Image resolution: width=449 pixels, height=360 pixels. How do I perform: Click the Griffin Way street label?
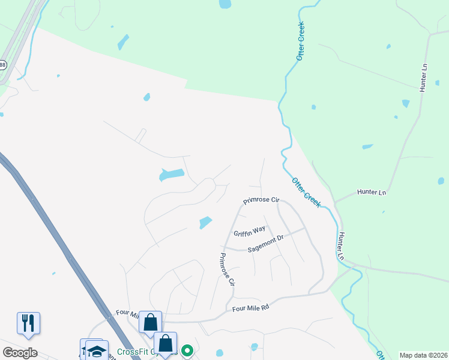point(250,230)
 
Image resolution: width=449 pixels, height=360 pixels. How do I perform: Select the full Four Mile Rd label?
point(250,308)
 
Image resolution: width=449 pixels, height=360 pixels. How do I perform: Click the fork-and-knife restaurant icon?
point(28,323)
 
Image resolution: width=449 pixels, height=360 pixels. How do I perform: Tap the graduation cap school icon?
point(96,350)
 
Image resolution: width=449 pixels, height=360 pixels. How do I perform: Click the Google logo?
point(20,353)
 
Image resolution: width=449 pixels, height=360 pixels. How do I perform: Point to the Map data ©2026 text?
point(423,355)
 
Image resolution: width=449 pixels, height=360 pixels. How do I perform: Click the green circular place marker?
point(187,350)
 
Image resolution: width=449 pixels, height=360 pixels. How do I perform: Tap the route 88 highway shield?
point(2,64)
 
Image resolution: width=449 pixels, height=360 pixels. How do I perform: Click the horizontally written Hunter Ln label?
point(371,192)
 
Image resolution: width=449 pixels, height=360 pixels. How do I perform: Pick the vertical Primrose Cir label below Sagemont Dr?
point(226,270)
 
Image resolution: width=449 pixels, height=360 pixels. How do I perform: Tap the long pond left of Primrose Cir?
point(172,175)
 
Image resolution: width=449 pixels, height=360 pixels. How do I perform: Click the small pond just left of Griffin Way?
point(205,223)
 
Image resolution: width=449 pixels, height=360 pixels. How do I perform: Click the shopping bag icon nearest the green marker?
point(165,343)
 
